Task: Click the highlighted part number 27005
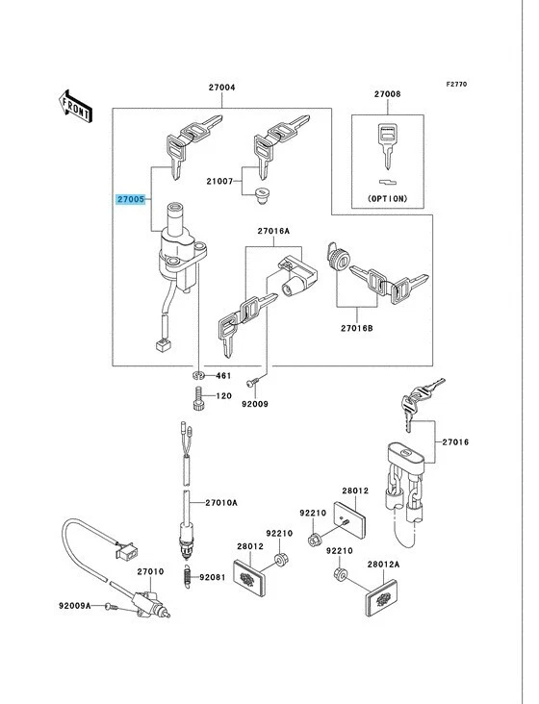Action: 131,199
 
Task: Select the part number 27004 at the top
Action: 221,88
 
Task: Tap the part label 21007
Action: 218,182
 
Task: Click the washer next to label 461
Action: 197,374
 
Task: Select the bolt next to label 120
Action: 197,395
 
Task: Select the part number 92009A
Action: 74,606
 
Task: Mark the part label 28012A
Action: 381,566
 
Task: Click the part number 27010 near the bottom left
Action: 149,571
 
